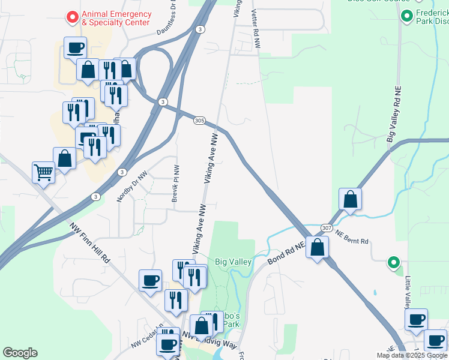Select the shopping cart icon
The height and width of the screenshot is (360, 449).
44,173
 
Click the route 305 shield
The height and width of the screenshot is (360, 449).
200,121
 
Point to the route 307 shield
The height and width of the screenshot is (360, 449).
326,228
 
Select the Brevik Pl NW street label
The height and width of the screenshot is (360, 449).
175,183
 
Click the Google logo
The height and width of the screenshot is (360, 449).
20,353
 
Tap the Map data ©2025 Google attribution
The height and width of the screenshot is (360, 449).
412,355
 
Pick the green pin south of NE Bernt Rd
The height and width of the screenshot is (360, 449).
393,262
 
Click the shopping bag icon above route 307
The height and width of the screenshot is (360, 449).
350,199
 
